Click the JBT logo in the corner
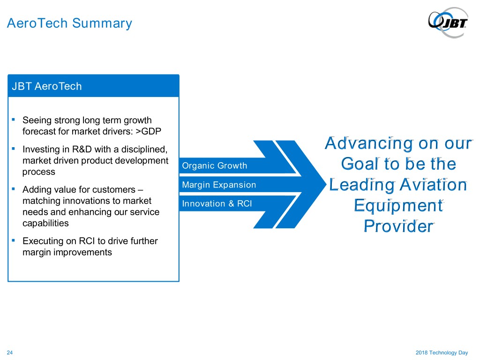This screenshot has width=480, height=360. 448,22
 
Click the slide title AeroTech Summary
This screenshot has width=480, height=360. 69,23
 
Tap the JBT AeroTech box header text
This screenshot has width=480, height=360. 47,86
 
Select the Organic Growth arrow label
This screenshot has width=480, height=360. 214,165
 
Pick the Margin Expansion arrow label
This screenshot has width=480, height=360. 219,185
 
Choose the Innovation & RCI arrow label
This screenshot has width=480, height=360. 217,203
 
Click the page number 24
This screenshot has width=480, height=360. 10,352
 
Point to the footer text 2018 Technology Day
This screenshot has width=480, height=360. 442,352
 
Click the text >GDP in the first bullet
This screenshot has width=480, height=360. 149,131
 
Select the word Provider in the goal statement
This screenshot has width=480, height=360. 398,226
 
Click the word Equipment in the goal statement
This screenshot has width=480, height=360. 398,205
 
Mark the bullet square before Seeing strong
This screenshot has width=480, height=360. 14,120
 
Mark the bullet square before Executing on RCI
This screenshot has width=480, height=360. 14,240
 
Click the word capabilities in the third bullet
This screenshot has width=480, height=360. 45,224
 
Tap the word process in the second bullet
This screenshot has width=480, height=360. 39,172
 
